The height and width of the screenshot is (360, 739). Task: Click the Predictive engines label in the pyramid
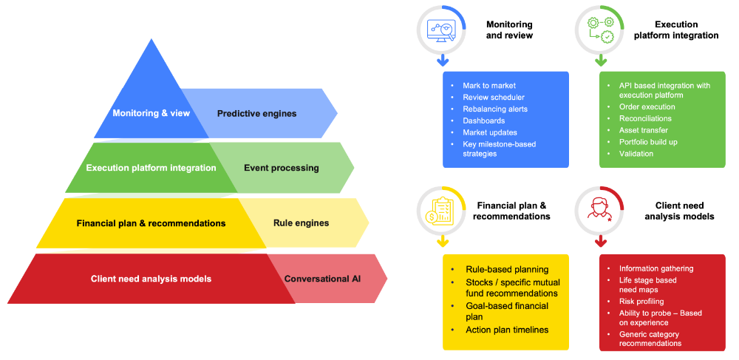(256, 113)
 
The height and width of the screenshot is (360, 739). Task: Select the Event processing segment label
(281, 168)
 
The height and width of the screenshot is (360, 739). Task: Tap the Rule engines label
(301, 223)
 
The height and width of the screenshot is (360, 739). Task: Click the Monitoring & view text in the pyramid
(151, 113)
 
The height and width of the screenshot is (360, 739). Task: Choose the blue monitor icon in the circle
(442, 29)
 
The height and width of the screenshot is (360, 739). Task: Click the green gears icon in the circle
(599, 29)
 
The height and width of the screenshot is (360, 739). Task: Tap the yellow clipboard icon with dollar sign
(442, 210)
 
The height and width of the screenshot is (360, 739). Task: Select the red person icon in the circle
(599, 210)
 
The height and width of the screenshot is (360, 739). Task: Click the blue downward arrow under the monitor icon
(442, 60)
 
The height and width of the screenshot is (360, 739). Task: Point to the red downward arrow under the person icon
(600, 241)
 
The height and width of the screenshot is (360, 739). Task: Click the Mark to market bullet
(489, 86)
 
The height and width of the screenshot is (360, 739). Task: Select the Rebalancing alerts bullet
(495, 109)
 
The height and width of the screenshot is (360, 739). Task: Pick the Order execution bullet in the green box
(647, 106)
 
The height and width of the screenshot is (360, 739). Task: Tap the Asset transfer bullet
(644, 130)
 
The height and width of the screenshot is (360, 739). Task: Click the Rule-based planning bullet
(507, 269)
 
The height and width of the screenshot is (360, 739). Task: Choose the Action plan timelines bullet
(507, 329)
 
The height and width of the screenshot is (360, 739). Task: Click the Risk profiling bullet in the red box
(641, 302)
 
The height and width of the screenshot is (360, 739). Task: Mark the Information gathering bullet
(656, 268)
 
